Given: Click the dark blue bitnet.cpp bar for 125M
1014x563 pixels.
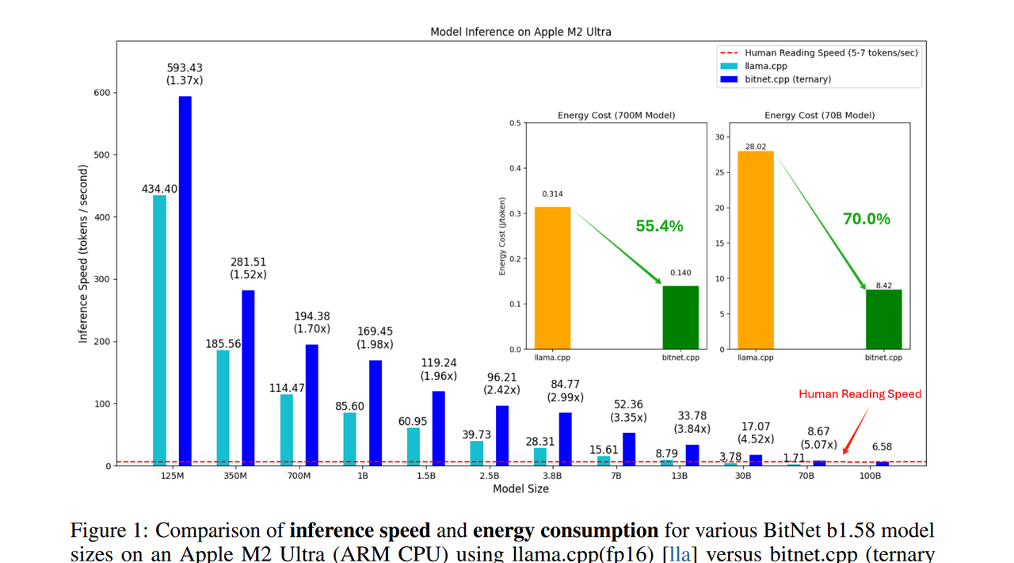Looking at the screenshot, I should pyautogui.click(x=185, y=281).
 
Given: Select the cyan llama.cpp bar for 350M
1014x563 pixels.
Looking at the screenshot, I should pyautogui.click(x=223, y=408).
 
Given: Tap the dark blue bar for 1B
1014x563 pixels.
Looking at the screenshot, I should pyautogui.click(x=375, y=413).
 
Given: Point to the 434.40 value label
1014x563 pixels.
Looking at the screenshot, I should pyautogui.click(x=159, y=189).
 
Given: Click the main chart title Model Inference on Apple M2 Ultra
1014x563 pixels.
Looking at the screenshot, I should pyautogui.click(x=520, y=32).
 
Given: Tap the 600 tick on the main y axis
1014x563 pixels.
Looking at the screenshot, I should pyautogui.click(x=101, y=93).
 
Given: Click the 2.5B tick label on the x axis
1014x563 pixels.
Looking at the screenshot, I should pyautogui.click(x=490, y=477).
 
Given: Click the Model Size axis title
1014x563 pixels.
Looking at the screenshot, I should pyautogui.click(x=520, y=489).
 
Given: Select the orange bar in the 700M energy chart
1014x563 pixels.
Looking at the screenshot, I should pyautogui.click(x=552, y=278).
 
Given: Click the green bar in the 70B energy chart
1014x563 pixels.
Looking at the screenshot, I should pyautogui.click(x=883, y=320).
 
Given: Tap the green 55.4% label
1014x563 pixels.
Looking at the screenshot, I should pyautogui.click(x=659, y=226).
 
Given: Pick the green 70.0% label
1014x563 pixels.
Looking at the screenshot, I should pyautogui.click(x=867, y=219).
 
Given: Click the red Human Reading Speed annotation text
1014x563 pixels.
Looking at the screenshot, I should pyautogui.click(x=860, y=394).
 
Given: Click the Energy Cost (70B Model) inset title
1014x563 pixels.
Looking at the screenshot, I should pyautogui.click(x=819, y=115).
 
